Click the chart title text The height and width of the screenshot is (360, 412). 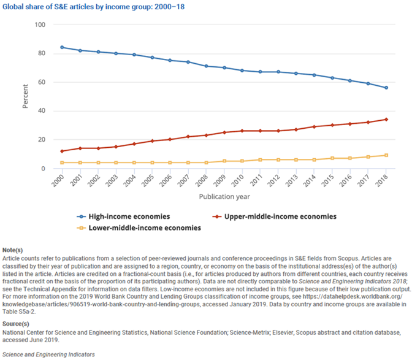point(94,7)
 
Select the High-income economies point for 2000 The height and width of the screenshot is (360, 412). point(62,47)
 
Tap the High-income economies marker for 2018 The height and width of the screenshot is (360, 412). point(386,88)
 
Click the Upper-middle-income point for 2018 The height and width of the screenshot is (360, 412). point(386,120)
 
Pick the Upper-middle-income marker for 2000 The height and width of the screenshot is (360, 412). point(62,151)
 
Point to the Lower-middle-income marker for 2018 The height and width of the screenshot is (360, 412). point(386,155)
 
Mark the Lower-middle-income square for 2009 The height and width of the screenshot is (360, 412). point(224,161)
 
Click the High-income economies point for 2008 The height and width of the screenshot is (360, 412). point(206,66)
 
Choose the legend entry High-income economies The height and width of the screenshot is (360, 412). point(123,216)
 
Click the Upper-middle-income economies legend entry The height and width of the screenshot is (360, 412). point(274,216)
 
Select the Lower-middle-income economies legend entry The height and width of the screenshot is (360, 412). point(139,228)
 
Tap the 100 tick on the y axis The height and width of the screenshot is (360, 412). point(40,25)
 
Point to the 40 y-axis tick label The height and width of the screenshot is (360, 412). point(42,111)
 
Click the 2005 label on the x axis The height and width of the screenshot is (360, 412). point(148,180)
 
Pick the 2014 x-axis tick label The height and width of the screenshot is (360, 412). point(310,180)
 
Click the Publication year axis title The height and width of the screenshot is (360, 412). point(224,196)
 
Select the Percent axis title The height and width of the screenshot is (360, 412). point(25,96)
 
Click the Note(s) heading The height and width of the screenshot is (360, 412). point(13,250)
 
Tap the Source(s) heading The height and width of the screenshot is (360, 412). point(16,324)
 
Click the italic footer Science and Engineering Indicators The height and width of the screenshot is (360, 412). point(48,354)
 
